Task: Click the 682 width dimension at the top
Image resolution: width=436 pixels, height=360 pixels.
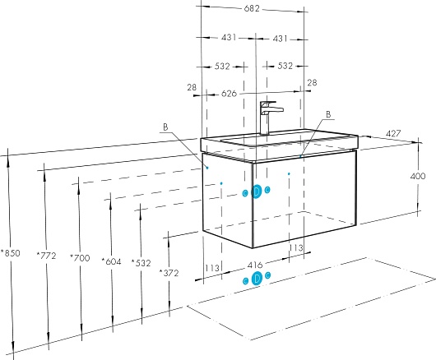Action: click(x=252, y=8)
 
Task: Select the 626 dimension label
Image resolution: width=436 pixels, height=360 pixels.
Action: click(x=229, y=94)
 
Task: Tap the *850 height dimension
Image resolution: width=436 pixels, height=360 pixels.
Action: click(x=11, y=253)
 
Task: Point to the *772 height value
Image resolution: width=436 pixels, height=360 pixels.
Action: click(x=46, y=256)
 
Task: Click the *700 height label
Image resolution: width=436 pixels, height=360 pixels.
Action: click(x=80, y=258)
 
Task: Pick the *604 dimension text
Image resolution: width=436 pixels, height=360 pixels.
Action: click(x=111, y=261)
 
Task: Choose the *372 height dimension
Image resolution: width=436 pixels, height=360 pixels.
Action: click(x=169, y=273)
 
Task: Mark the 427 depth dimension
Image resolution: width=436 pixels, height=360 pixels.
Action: click(x=393, y=134)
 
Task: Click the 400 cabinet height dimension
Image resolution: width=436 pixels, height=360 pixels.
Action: click(x=418, y=176)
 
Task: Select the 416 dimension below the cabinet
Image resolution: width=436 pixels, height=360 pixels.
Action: click(x=255, y=265)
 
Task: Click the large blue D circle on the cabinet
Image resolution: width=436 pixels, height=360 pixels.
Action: click(x=257, y=192)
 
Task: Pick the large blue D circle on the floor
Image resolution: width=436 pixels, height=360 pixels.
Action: click(x=257, y=279)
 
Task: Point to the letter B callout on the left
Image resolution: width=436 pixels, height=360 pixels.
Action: click(x=165, y=127)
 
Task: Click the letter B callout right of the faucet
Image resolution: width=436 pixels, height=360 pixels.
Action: click(x=328, y=114)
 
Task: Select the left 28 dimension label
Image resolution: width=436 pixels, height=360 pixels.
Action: click(x=192, y=87)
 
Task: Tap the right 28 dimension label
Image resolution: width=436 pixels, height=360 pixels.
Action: click(x=312, y=83)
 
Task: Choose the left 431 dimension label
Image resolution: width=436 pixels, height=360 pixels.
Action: click(x=229, y=37)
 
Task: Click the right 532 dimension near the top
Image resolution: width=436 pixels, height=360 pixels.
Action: click(x=285, y=66)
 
